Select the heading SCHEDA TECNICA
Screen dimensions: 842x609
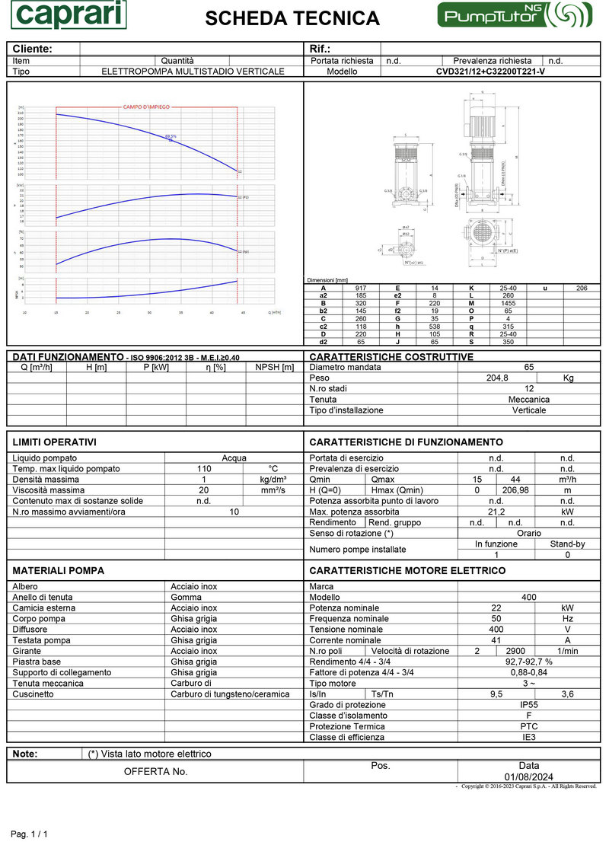click(x=292, y=18)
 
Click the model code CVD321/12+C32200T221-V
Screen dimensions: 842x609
click(x=490, y=72)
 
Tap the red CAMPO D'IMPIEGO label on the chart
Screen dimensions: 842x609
click(x=146, y=107)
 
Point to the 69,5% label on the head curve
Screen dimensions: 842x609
click(x=171, y=136)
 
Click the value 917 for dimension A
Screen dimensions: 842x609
click(x=360, y=288)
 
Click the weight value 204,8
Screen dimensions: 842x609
click(x=497, y=378)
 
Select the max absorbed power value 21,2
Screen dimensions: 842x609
click(x=497, y=512)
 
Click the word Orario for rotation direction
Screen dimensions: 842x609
click(x=529, y=534)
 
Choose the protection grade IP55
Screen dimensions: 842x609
click(x=529, y=705)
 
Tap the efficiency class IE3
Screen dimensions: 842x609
click(x=529, y=737)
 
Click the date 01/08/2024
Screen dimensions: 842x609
click(x=529, y=776)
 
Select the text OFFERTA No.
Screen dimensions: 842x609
click(x=155, y=771)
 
